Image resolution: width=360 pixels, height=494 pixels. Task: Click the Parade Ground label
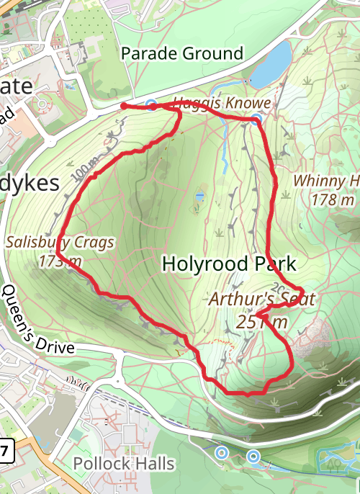182,54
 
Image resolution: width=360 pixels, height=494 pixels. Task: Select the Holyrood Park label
229,264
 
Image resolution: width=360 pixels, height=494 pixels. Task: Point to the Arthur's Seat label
262,299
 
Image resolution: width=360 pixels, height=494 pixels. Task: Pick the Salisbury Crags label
60,242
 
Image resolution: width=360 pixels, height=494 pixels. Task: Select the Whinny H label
327,181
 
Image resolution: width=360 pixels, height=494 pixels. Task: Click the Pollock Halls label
125,463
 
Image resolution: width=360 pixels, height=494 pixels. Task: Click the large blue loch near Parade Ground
271,66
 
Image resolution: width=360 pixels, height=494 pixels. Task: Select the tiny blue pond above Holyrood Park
199,195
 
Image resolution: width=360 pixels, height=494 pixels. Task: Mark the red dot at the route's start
124,106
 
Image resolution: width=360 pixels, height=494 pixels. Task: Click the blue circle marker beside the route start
150,105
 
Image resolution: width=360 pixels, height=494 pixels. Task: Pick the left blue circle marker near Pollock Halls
222,453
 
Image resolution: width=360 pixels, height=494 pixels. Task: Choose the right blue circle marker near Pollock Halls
253,456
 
